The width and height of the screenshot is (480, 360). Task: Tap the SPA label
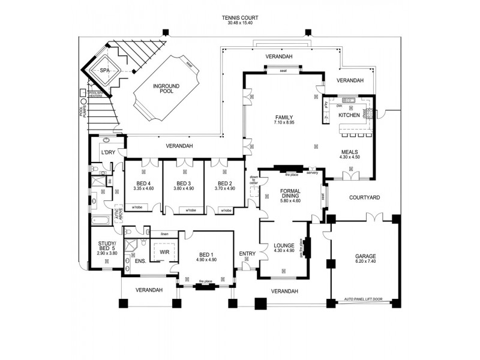pyautogui.click(x=105, y=70)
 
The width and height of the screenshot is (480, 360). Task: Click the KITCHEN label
pyautogui.click(x=349, y=115)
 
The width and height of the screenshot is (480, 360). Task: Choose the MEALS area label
pyautogui.click(x=350, y=152)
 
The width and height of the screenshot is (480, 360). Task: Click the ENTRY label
pyautogui.click(x=247, y=254)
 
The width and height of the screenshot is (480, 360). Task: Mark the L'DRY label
pyautogui.click(x=107, y=152)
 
